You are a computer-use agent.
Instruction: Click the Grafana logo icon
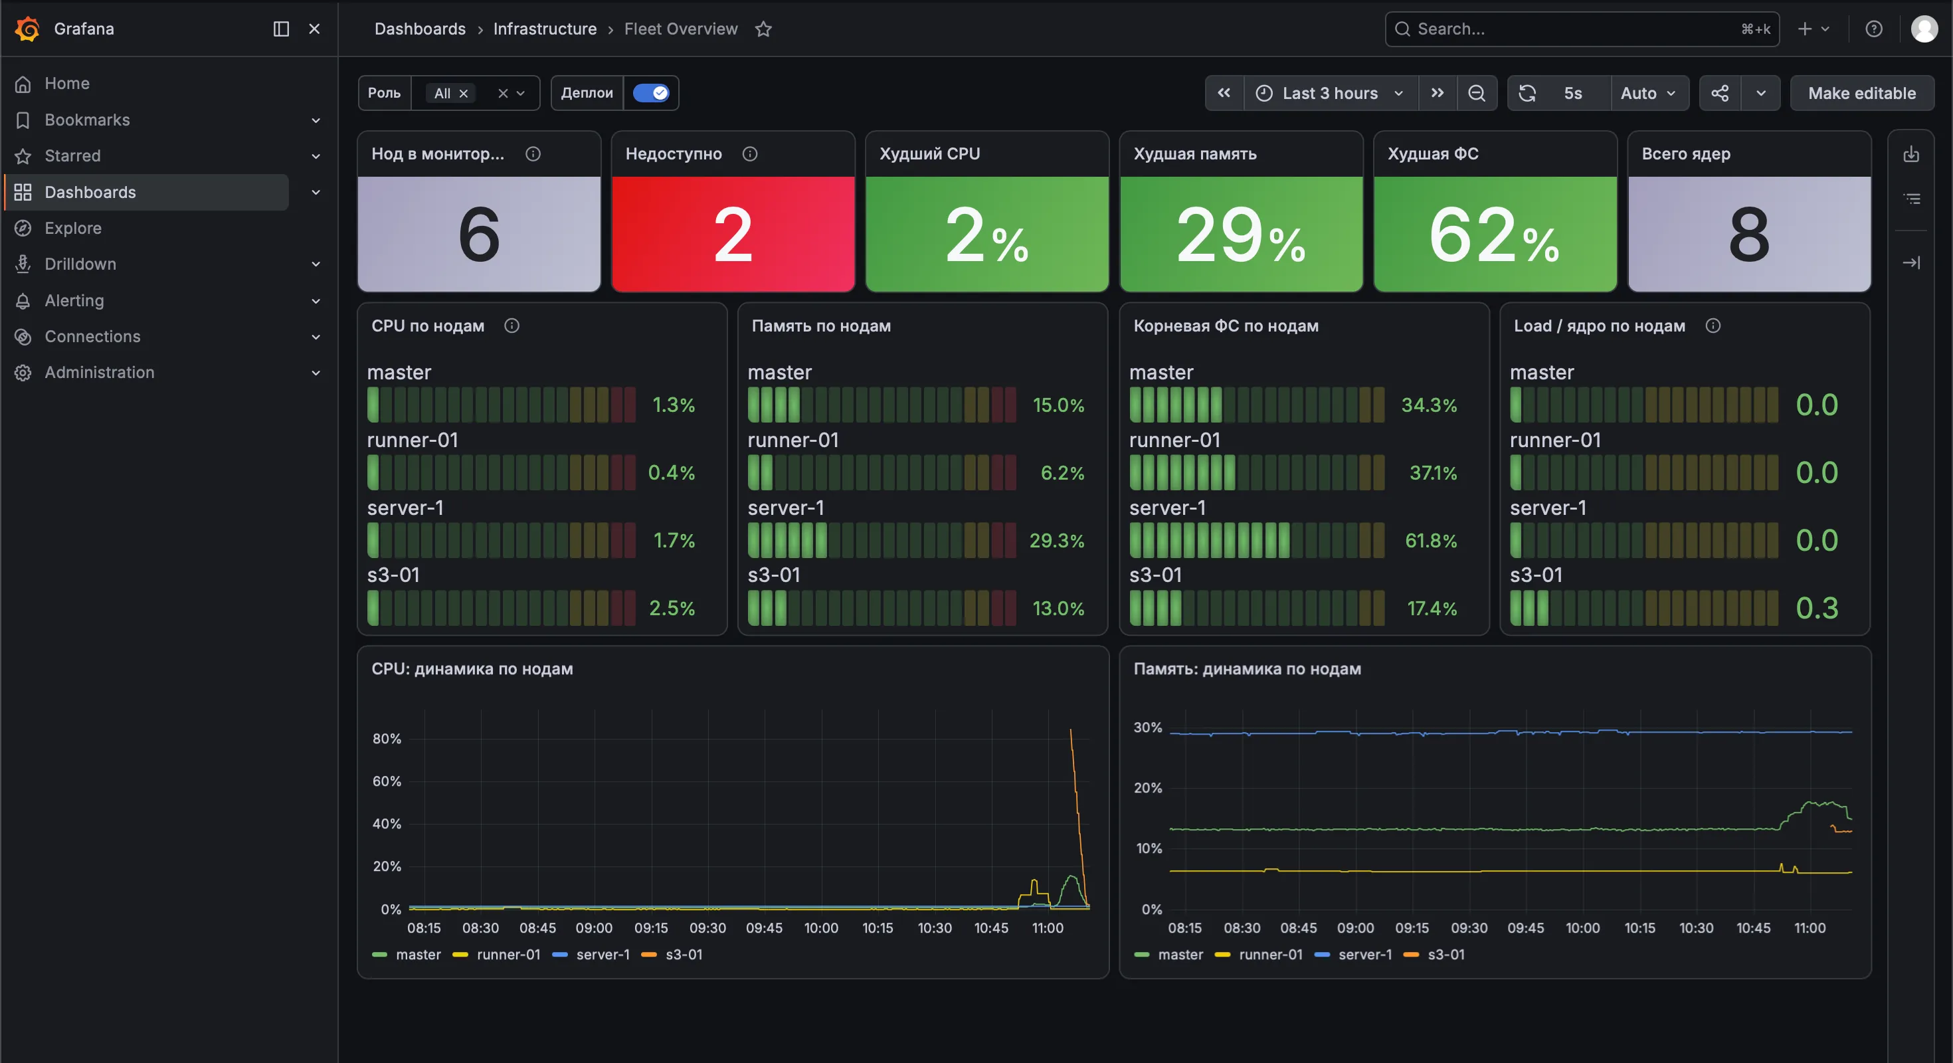point(27,29)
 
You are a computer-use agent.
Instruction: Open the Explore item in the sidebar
point(73,229)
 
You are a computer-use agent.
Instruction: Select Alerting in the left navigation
point(74,300)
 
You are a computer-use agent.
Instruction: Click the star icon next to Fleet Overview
point(763,29)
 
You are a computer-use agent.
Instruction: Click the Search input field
point(1582,29)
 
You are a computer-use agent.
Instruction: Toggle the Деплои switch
point(651,93)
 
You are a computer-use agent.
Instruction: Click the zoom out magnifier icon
point(1476,93)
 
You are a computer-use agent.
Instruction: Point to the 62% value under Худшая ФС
point(1493,235)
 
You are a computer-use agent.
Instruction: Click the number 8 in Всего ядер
point(1749,235)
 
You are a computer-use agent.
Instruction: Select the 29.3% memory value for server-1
point(1057,541)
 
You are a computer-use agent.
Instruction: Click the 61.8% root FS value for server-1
point(1432,541)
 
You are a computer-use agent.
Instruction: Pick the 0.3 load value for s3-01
point(1817,608)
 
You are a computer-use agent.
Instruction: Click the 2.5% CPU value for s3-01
point(672,608)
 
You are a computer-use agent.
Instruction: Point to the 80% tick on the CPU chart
point(387,739)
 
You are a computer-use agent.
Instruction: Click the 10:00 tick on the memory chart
point(1582,928)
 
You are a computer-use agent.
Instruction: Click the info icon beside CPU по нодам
point(511,326)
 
